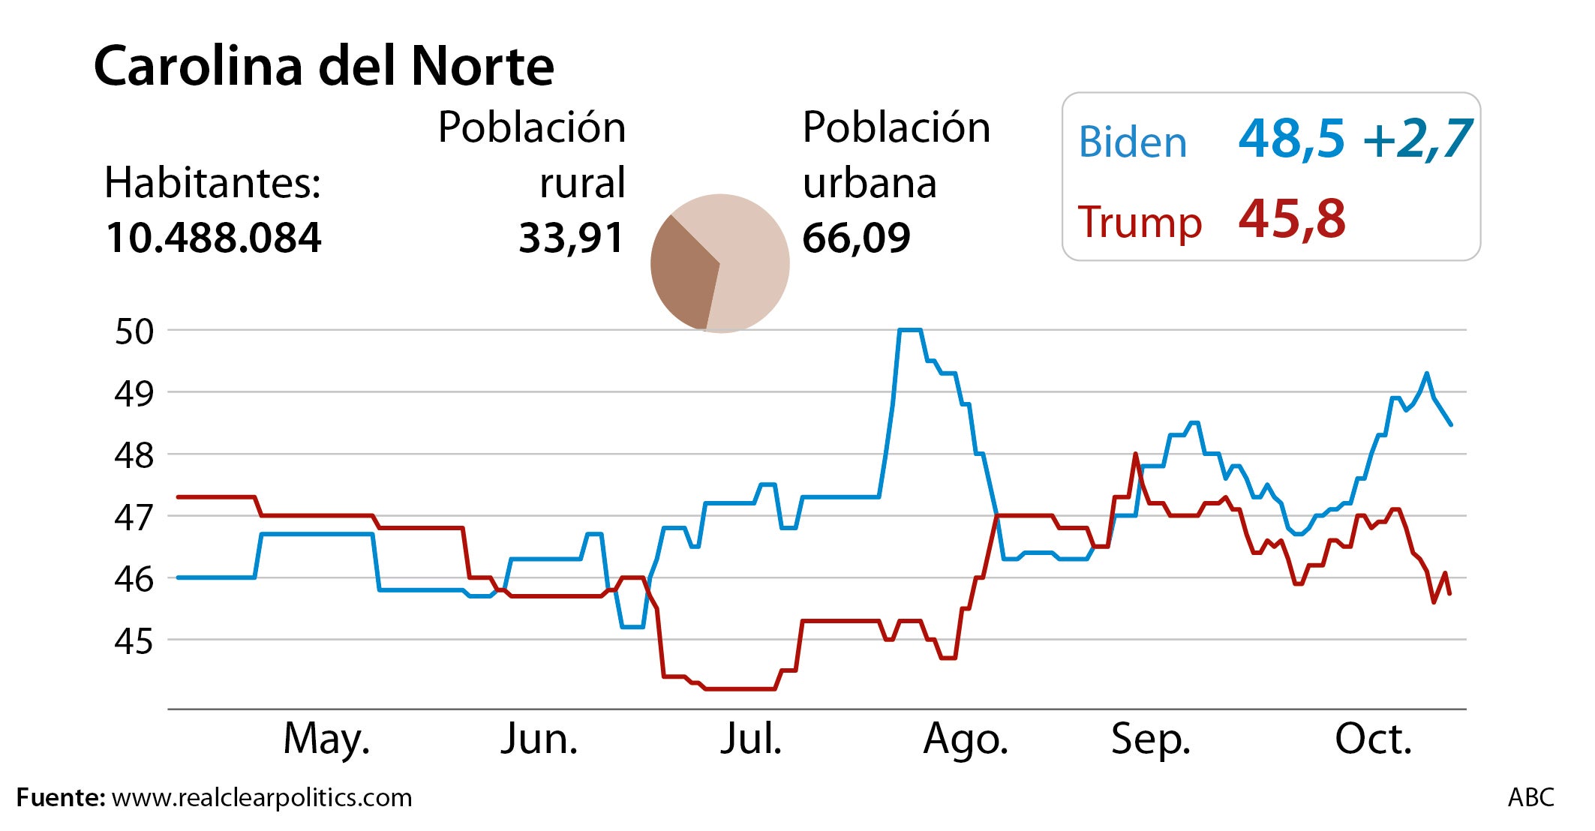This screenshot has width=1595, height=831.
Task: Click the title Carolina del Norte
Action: (x=323, y=67)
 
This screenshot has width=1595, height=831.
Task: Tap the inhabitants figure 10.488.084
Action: (x=213, y=238)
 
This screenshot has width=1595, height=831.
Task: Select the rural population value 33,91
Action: (x=571, y=238)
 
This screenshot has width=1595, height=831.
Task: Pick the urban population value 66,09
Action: (x=856, y=238)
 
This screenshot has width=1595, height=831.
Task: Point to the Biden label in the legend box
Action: (x=1132, y=142)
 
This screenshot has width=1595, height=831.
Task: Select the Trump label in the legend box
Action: (x=1140, y=223)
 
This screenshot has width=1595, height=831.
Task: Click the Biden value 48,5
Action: (x=1291, y=139)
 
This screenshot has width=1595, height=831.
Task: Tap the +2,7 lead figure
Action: (x=1418, y=139)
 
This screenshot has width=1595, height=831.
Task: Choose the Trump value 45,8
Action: (x=1291, y=220)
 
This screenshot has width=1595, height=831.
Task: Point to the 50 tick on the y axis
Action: (x=134, y=331)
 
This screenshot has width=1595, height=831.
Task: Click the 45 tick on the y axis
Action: (x=134, y=641)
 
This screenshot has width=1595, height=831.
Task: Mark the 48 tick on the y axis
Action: (x=134, y=455)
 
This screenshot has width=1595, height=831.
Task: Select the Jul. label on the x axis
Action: (x=751, y=739)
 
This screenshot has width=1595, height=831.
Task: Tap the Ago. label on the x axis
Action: (x=966, y=739)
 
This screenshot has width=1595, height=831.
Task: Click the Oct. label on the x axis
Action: (x=1373, y=739)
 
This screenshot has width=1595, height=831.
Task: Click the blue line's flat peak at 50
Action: (x=910, y=329)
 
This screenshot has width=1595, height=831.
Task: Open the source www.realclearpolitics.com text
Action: (x=262, y=797)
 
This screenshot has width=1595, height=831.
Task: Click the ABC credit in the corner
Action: (x=1530, y=797)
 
